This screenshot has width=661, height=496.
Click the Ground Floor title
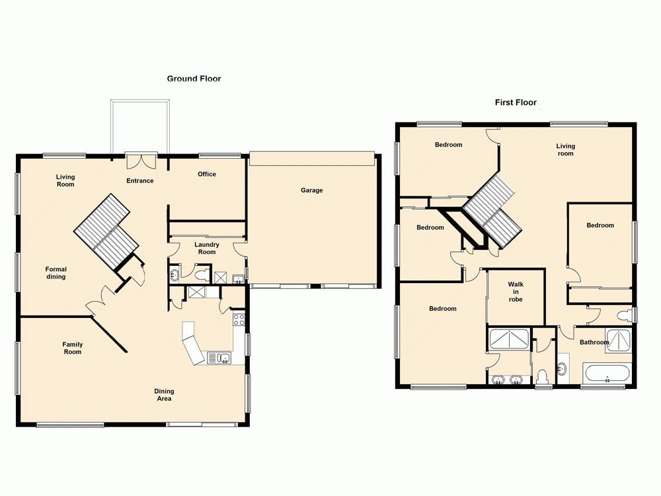coord(194,79)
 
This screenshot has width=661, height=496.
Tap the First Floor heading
coord(516,103)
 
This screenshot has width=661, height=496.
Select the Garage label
coord(312,190)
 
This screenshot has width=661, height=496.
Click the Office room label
coord(207,175)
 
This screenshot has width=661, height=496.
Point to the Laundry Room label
coord(207,249)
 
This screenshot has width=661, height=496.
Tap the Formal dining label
coord(56,273)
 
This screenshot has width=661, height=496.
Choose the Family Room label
coord(73,348)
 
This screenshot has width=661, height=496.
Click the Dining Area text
coord(164,395)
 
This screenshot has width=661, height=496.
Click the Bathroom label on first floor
coord(594,343)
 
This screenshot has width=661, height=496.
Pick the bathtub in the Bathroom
coord(607,374)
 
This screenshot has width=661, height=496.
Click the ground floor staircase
coord(106,231)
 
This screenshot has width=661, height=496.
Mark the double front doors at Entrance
coord(141,159)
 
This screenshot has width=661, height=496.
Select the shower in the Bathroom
coord(620,339)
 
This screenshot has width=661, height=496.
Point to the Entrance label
coord(140,181)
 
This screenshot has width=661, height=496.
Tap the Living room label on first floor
coord(565,150)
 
